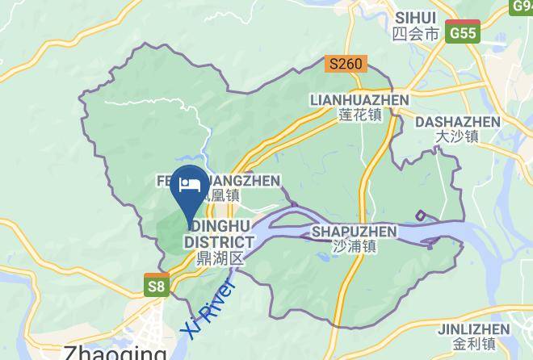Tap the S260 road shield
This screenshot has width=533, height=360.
[346, 64]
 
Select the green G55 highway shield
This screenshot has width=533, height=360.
[464, 33]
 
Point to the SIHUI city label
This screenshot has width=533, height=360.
[416, 18]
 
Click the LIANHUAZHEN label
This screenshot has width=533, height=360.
[359, 99]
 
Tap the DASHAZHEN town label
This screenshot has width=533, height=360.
[457, 121]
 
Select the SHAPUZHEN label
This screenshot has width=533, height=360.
[354, 232]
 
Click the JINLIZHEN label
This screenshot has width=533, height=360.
[473, 329]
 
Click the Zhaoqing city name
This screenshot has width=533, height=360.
[113, 352]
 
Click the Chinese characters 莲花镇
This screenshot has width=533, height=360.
[360, 115]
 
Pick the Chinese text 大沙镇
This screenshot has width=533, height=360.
[457, 136]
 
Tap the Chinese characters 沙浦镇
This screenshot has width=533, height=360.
[355, 247]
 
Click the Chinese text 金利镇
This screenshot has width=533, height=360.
[473, 345]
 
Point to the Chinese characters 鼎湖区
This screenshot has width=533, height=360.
[220, 258]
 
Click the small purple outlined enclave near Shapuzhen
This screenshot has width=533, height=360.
[421, 216]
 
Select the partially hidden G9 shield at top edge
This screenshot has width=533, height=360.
[523, 6]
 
